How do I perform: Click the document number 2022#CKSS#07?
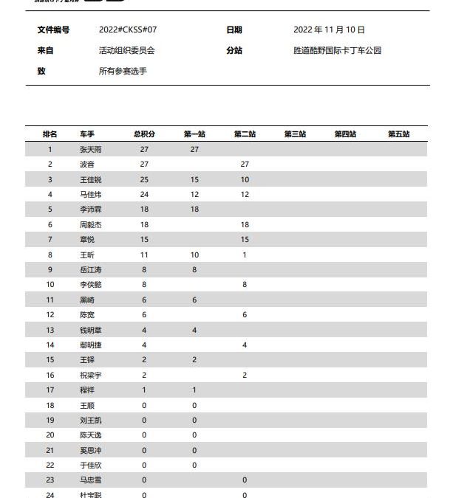click(128, 30)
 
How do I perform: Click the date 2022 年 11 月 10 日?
click(329, 30)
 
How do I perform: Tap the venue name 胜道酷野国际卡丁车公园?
click(337, 51)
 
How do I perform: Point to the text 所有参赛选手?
click(122, 72)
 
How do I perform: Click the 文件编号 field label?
click(53, 30)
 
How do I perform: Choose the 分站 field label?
click(234, 51)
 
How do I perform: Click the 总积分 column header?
click(144, 134)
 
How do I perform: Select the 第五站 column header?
click(398, 134)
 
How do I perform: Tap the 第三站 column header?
click(295, 134)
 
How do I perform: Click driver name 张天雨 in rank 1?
click(91, 149)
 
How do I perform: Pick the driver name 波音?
click(87, 165)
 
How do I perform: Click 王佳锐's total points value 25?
click(144, 179)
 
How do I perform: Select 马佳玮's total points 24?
click(144, 194)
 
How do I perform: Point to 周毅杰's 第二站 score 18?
click(245, 224)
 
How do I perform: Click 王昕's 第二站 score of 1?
click(245, 255)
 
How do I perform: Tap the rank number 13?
click(50, 330)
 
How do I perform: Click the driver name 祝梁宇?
click(91, 375)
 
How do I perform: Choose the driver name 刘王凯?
click(91, 420)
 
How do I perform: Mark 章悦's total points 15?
click(144, 239)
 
